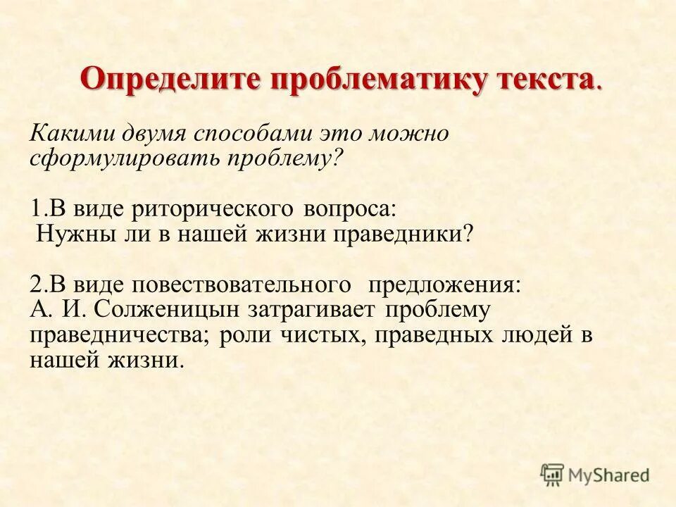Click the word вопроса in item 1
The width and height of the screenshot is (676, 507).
click(x=350, y=210)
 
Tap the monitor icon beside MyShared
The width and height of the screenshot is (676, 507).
click(x=553, y=475)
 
